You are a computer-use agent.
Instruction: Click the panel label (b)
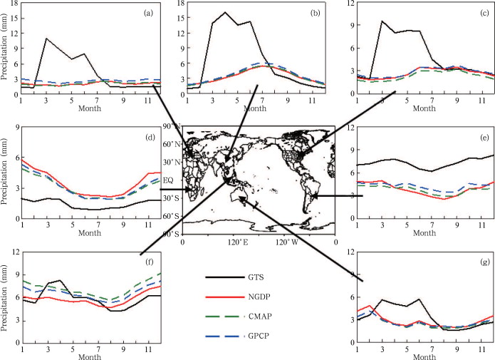(x=312, y=13)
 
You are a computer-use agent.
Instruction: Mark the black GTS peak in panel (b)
(x=225, y=12)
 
